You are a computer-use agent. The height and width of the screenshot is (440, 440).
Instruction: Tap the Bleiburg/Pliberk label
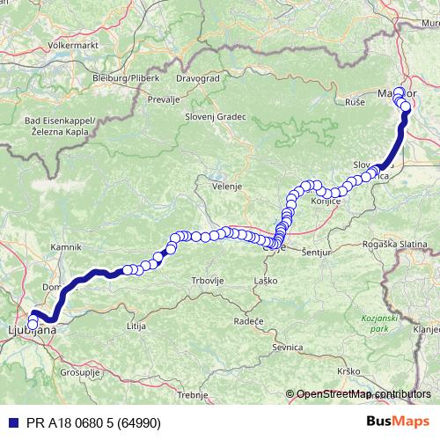(x=125, y=78)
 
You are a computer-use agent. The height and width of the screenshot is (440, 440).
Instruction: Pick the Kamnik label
(x=67, y=247)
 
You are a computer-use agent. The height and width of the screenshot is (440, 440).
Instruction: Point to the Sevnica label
(x=288, y=348)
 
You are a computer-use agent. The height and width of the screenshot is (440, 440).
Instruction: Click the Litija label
(x=136, y=326)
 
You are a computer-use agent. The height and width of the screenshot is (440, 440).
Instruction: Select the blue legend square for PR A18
(x=9, y=422)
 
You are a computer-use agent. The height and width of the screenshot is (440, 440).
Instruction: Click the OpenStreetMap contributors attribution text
(x=363, y=394)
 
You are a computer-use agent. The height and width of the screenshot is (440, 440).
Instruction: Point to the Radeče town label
(x=248, y=322)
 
